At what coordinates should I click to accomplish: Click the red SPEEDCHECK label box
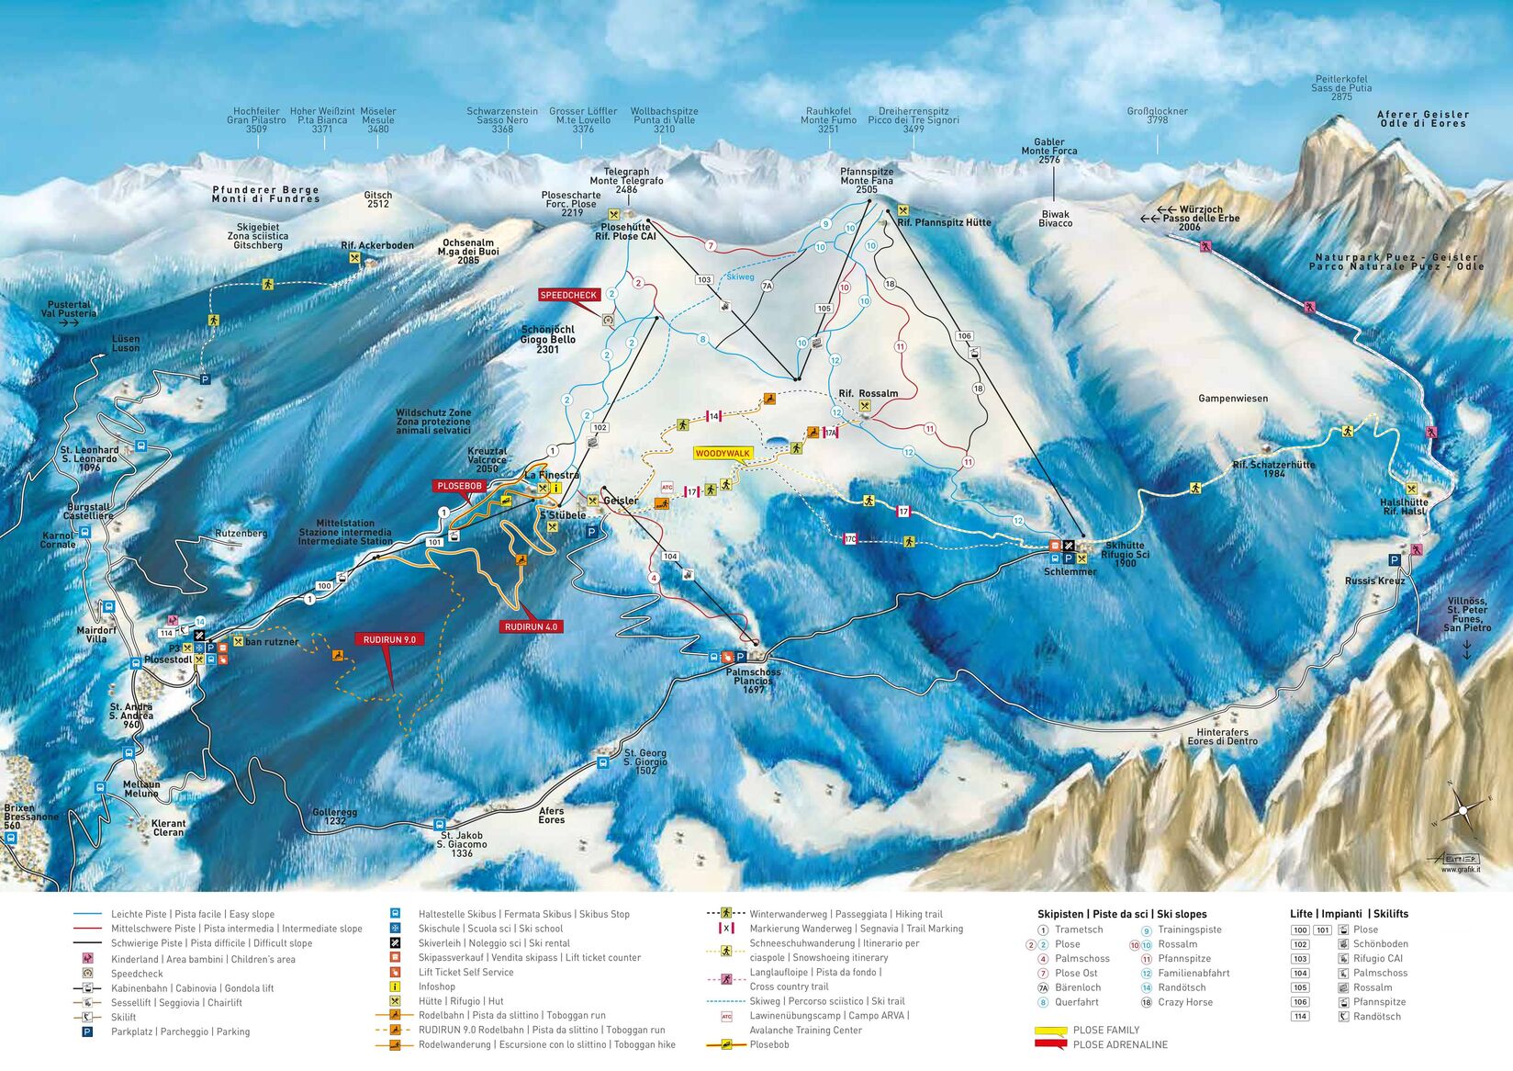click(568, 296)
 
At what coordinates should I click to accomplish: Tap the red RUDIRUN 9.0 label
click(389, 639)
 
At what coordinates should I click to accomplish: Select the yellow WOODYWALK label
click(723, 454)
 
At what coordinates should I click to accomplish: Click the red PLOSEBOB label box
click(459, 486)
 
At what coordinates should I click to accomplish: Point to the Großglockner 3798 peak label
click(1157, 116)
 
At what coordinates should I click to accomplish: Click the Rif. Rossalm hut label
click(868, 394)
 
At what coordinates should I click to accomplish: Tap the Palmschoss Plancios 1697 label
click(753, 681)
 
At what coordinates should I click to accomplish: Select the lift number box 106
click(964, 336)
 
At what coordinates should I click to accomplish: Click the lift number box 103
click(704, 280)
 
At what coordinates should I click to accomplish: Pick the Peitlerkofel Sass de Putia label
click(1340, 88)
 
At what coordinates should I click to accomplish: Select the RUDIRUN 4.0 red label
click(531, 626)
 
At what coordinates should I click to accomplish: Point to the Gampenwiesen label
click(1232, 399)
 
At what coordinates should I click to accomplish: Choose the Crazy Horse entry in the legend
click(1185, 1002)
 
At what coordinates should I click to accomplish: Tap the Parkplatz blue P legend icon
click(87, 1032)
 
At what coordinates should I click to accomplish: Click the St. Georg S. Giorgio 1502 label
click(645, 761)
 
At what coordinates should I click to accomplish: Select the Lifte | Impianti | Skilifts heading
click(1348, 914)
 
